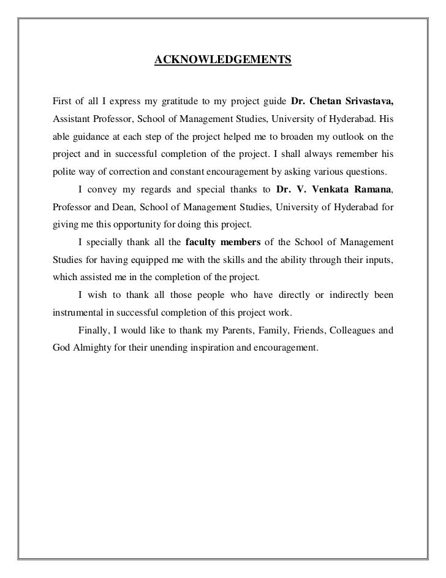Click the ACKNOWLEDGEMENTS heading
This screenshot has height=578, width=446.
pyautogui.click(x=222, y=60)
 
